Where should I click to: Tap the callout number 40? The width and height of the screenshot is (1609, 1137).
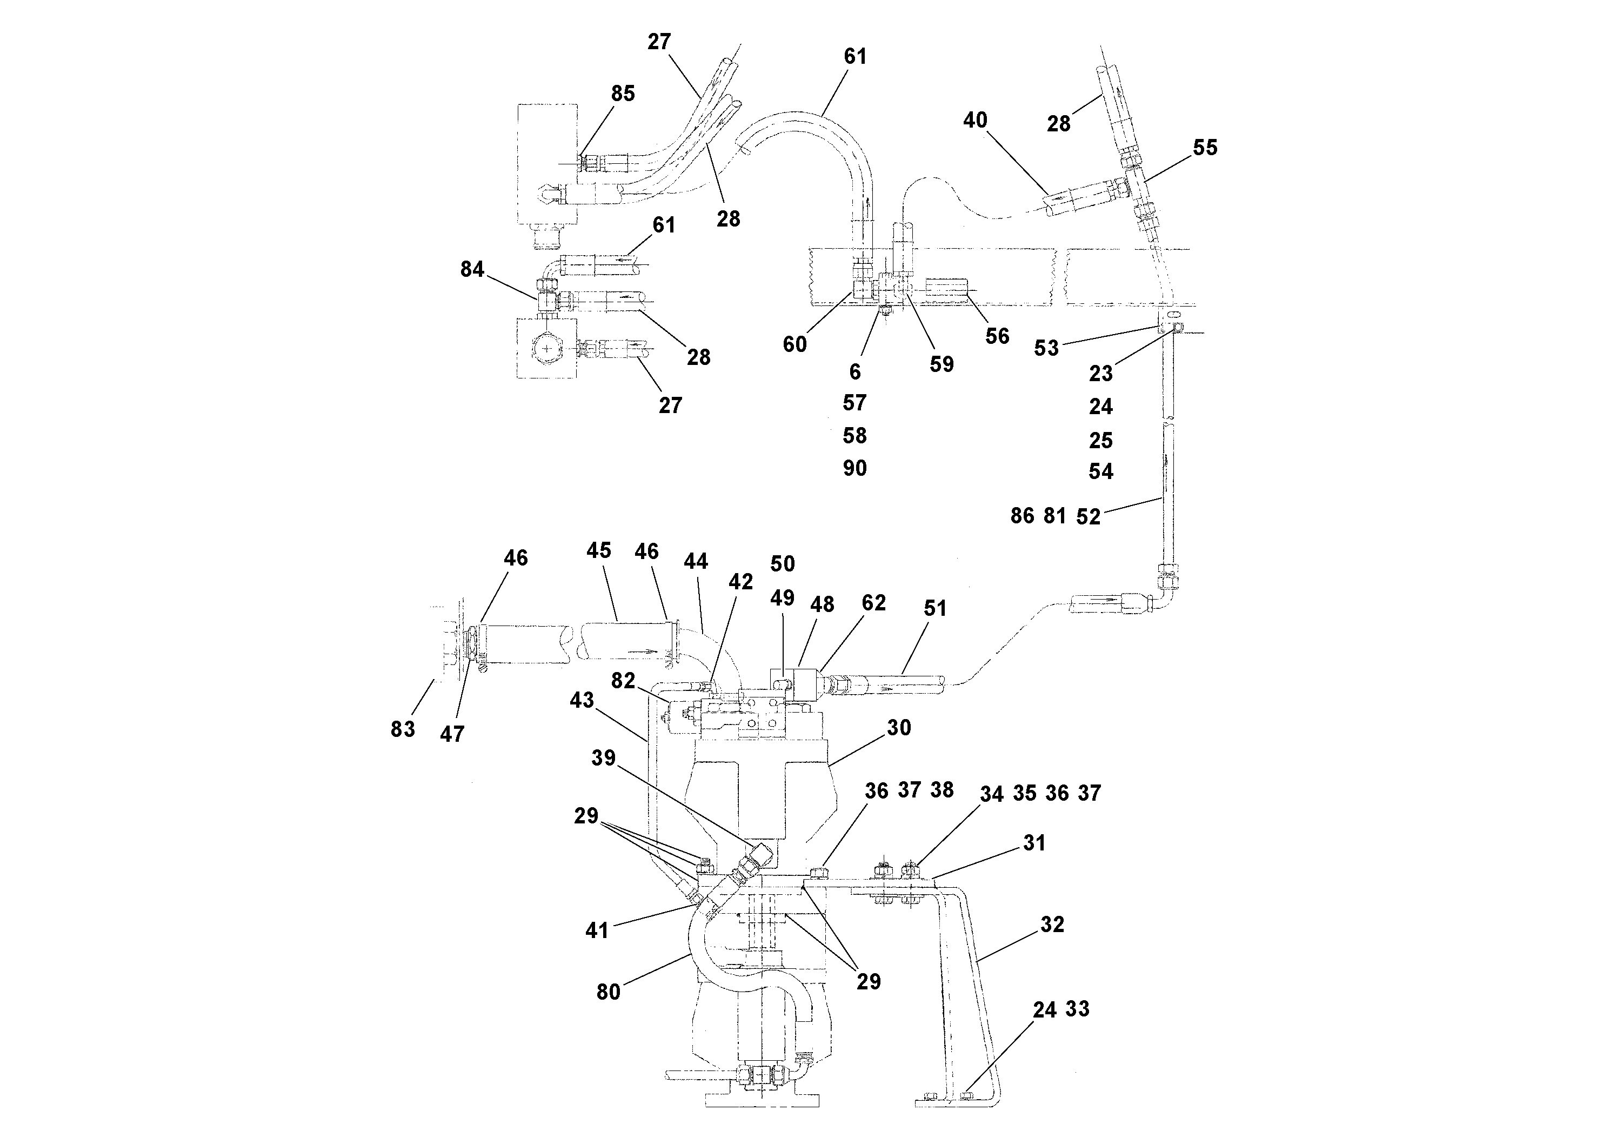[x=975, y=121]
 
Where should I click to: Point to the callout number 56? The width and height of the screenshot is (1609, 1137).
[x=997, y=336]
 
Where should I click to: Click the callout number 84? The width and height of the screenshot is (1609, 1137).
[x=472, y=269]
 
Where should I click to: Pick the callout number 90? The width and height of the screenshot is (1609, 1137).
[x=854, y=468]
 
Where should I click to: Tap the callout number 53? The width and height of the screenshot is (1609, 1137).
[x=1046, y=348]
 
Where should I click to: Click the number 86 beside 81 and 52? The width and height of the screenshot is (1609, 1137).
[x=1022, y=516]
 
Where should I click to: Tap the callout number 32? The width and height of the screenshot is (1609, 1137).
[x=1052, y=925]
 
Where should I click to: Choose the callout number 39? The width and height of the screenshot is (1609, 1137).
[x=603, y=758]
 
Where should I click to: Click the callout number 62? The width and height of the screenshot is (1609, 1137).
[x=873, y=603]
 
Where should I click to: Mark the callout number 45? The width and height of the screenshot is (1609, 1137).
[x=598, y=550]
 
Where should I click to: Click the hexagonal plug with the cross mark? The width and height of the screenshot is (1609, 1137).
[x=546, y=348]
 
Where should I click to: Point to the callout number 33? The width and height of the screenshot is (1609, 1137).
[x=1077, y=1009]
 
